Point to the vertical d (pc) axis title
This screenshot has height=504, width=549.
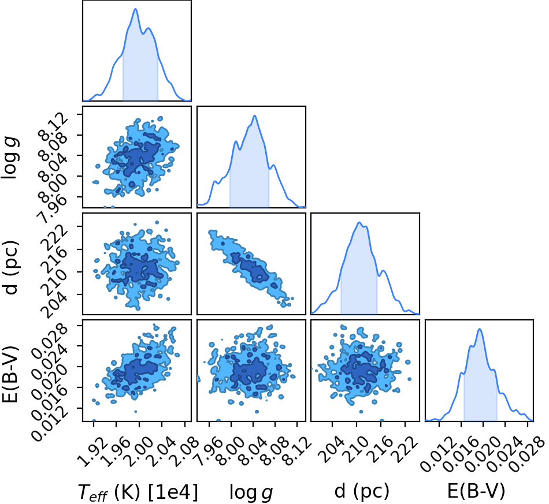[10, 267]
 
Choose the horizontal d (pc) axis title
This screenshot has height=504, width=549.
[362, 491]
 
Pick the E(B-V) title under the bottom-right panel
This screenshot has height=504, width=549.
[476, 491]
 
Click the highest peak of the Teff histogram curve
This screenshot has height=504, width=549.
[135, 9]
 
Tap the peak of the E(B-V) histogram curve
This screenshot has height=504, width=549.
[480, 328]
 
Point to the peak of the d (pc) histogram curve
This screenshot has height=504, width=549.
[359, 222]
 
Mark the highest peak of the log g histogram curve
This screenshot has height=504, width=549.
[254, 116]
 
